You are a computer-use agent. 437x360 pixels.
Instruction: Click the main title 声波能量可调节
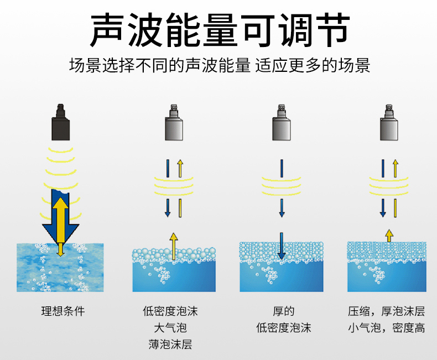[219, 29]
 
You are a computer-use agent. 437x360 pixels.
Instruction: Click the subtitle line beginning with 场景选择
[219, 66]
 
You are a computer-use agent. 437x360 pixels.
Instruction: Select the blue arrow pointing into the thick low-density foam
[282, 246]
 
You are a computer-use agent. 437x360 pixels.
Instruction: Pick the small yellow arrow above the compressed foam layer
[389, 235]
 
